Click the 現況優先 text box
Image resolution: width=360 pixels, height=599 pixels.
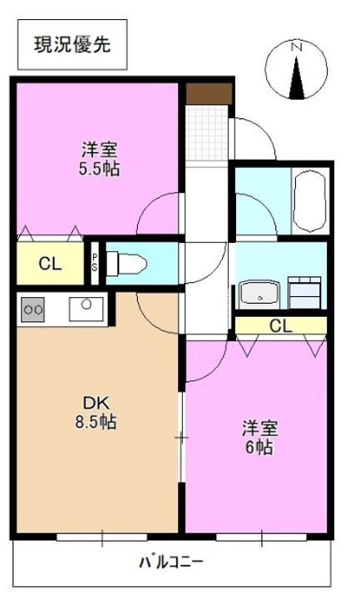(x=75, y=45)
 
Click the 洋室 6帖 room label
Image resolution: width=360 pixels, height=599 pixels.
(x=259, y=438)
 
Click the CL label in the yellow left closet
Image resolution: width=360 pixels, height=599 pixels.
(x=50, y=265)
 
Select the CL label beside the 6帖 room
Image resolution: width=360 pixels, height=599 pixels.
(x=280, y=325)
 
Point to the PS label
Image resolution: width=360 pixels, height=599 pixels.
(x=96, y=262)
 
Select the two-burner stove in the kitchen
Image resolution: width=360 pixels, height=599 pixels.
(x=34, y=309)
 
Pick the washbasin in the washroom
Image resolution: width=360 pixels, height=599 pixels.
(x=259, y=294)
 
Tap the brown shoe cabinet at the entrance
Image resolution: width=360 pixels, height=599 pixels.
(x=208, y=93)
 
